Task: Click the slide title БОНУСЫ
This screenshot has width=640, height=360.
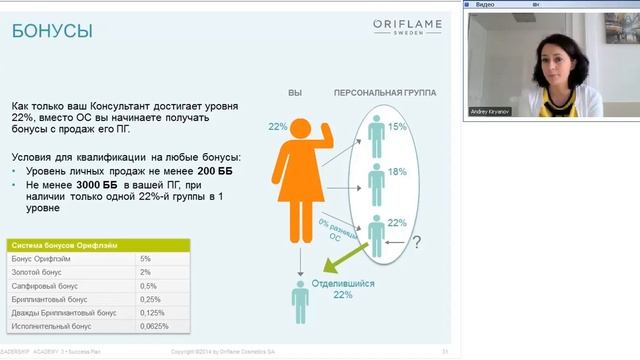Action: click(52, 32)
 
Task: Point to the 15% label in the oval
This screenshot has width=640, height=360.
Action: click(396, 127)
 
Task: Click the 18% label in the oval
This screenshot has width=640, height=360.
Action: click(396, 172)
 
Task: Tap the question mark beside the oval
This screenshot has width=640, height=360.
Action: click(417, 241)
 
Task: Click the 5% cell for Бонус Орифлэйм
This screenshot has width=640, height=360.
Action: click(146, 258)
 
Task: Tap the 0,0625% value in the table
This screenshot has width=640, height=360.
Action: click(154, 326)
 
